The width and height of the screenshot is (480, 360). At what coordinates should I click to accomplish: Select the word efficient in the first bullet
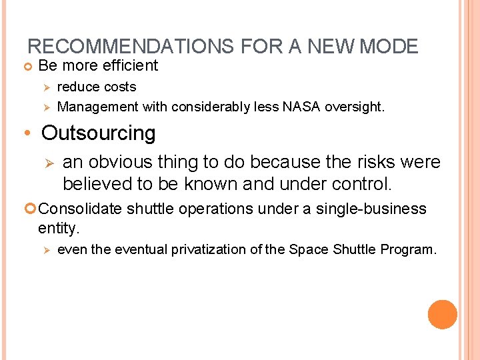(127, 65)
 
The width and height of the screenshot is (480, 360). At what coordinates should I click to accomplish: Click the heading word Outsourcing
(98, 133)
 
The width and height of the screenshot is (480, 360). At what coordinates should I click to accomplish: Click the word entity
(59, 228)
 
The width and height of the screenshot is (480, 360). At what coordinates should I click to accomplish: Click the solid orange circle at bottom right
(443, 315)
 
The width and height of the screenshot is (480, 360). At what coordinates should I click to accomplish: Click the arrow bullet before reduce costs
(47, 87)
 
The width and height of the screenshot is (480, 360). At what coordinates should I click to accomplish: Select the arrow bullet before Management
(47, 107)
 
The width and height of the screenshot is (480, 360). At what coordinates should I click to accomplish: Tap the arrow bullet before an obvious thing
(48, 163)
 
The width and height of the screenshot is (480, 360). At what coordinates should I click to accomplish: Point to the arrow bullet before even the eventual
(47, 250)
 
